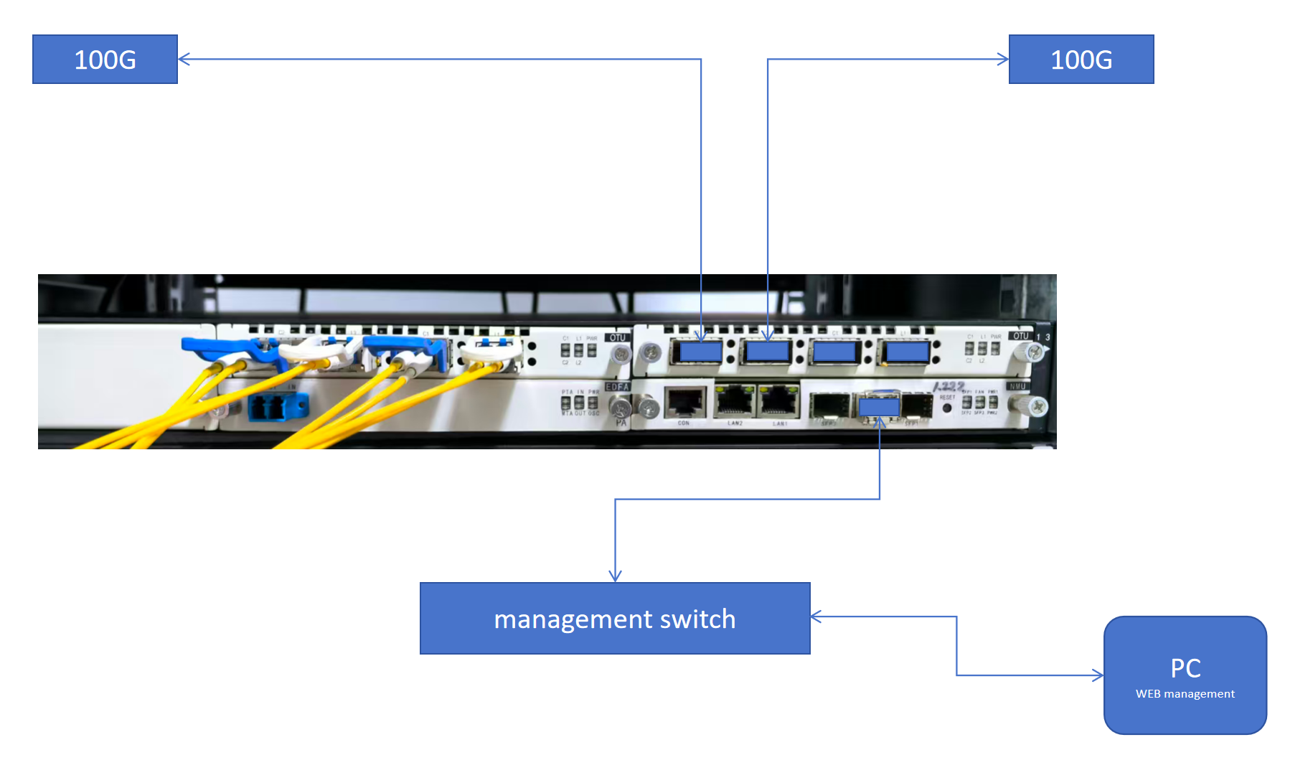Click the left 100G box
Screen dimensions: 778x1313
click(105, 60)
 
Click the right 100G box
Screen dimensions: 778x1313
click(1081, 60)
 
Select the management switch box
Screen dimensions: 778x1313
click(615, 618)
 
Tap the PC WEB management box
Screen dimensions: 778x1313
click(1185, 675)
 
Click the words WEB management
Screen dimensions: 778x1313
click(1185, 694)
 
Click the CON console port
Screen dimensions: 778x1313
click(684, 403)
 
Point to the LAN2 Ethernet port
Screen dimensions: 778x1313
click(735, 401)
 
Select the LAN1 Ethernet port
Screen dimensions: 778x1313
click(779, 401)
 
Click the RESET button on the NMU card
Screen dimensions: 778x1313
click(947, 408)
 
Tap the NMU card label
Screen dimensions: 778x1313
click(1017, 386)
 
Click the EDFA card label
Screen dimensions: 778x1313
click(617, 387)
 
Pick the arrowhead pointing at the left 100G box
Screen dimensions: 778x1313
click(183, 60)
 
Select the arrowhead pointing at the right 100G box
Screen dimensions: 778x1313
click(1004, 60)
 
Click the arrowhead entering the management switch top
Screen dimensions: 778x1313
click(615, 576)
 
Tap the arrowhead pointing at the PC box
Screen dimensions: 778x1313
click(1098, 675)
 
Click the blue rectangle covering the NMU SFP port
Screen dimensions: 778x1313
click(879, 407)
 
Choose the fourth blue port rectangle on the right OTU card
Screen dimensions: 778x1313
click(907, 352)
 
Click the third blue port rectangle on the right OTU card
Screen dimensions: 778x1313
click(834, 352)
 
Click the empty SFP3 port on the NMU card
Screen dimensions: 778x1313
click(829, 407)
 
